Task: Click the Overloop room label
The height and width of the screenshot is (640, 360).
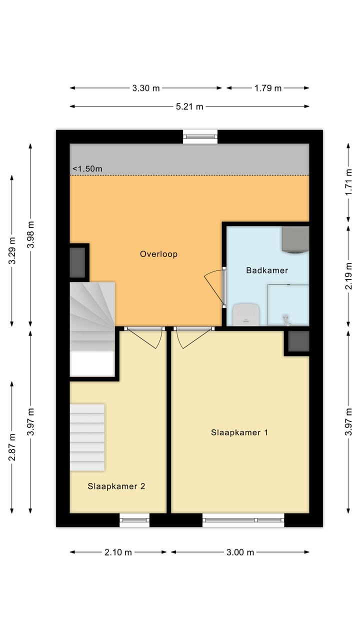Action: [x=158, y=254]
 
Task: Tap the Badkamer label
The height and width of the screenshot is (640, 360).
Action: [x=267, y=270]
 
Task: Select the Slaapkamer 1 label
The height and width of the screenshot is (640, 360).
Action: [x=239, y=432]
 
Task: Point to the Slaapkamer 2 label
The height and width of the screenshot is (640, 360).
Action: [x=116, y=486]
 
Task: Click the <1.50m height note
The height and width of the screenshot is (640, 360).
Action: [x=87, y=169]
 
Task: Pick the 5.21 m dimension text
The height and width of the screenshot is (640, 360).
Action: [x=189, y=106]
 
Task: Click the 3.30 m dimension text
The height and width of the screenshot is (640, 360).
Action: [x=145, y=88]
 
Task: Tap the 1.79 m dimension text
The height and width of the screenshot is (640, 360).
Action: [x=268, y=88]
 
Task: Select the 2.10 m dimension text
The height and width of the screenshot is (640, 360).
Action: [x=118, y=552]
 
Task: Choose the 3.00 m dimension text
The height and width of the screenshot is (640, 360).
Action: [x=240, y=552]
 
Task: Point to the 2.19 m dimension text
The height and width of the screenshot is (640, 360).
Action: [x=348, y=276]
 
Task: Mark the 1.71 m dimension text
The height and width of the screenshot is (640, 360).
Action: [x=348, y=182]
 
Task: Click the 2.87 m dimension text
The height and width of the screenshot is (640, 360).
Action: [x=12, y=447]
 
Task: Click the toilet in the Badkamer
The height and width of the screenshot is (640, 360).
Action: [x=246, y=314]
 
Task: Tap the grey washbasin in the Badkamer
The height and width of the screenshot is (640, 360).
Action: [x=295, y=240]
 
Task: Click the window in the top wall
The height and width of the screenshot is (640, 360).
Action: [x=200, y=137]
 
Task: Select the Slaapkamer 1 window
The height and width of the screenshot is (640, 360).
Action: [x=243, y=520]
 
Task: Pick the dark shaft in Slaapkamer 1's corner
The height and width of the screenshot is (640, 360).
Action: [x=298, y=341]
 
